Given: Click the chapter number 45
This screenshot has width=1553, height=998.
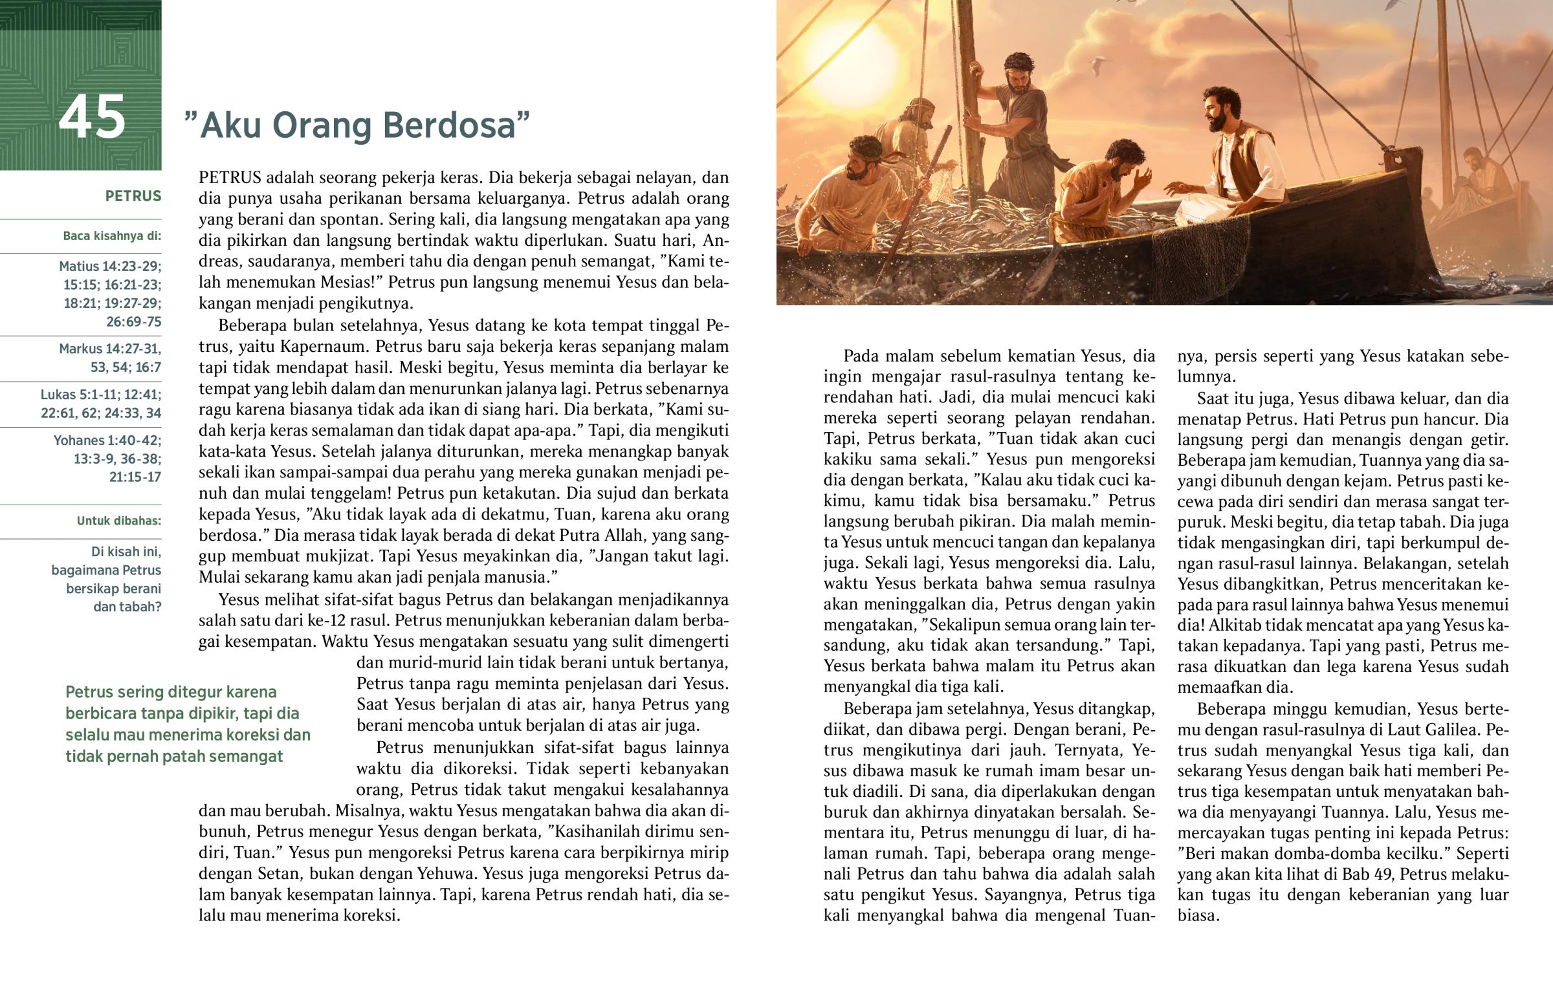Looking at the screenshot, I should click(x=91, y=118).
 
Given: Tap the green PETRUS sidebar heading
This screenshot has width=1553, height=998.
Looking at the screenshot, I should click(x=133, y=197).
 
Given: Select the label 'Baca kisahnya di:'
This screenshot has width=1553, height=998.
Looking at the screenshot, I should click(x=111, y=236).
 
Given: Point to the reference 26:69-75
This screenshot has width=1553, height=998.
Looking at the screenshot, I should click(x=133, y=322).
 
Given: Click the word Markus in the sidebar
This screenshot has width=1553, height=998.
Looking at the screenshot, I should click(x=80, y=349).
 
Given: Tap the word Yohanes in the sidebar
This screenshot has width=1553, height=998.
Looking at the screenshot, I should click(x=78, y=440).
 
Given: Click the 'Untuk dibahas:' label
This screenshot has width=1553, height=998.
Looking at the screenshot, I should click(x=118, y=521).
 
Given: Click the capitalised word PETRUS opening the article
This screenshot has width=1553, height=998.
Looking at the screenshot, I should click(x=230, y=178).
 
